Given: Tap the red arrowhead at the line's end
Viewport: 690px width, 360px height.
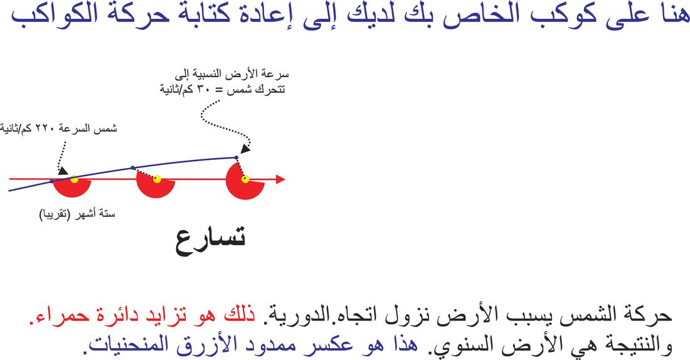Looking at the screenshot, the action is [280, 179].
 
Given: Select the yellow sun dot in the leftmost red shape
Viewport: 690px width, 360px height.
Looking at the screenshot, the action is [75, 179].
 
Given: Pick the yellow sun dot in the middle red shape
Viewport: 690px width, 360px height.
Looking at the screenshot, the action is [157, 179].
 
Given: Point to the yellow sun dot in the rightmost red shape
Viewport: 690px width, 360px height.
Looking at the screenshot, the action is [245, 179].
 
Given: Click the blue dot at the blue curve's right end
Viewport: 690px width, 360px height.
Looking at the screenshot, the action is [236, 157].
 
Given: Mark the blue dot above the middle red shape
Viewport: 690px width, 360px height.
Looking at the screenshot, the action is [133, 167].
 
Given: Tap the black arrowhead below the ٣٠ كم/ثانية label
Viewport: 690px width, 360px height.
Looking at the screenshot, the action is [245, 149].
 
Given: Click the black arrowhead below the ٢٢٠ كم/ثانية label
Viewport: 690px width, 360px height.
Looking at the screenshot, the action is [63, 171].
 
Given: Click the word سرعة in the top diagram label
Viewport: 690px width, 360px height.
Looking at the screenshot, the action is [277, 75].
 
